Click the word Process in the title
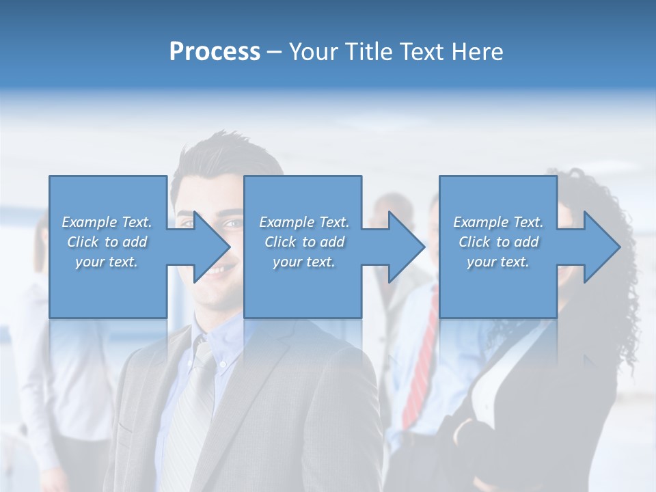tap(215, 52)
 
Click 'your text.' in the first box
tap(107, 261)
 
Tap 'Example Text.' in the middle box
tap(304, 222)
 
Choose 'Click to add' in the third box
tap(498, 242)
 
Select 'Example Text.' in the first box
tap(107, 222)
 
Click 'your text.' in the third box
tap(498, 261)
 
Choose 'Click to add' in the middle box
tap(304, 242)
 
